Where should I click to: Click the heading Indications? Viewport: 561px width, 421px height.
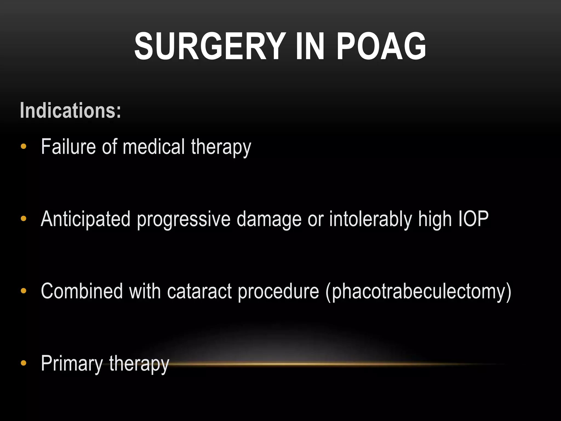(70, 110)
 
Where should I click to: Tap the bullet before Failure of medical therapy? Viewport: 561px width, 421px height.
(24, 146)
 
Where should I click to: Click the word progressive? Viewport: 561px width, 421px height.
(184, 219)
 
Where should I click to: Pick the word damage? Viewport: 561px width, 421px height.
(269, 219)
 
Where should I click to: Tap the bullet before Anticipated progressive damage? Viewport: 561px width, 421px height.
(24, 219)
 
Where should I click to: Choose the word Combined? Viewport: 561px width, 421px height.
(82, 291)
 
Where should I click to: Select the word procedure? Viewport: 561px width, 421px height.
(278, 292)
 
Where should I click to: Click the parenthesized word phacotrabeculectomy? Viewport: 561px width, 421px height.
(418, 292)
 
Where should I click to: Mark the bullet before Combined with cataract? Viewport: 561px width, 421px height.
(24, 291)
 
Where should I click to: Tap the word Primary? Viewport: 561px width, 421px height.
(72, 363)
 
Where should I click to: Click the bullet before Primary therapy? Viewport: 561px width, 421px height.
(24, 363)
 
